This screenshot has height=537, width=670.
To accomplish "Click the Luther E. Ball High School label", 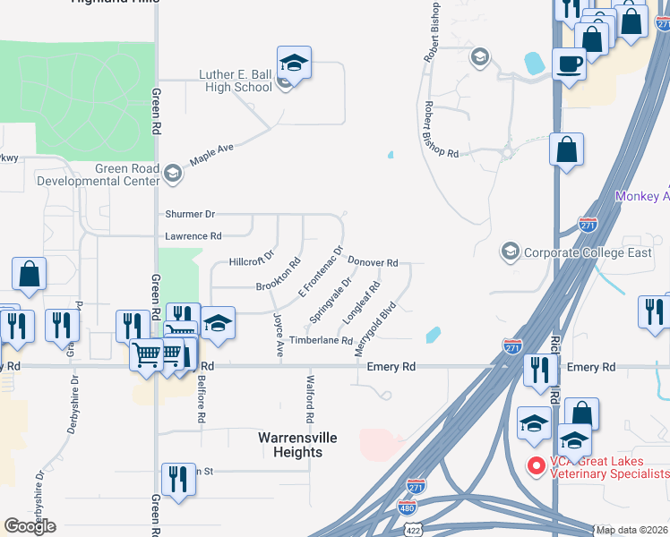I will point(235,81).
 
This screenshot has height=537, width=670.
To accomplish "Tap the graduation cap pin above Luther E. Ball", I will point(293,64).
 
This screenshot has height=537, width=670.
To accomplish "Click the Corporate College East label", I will point(588,252).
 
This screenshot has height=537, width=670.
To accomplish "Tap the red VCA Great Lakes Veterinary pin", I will point(537,466).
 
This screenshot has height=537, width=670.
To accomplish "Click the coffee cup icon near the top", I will point(569,64).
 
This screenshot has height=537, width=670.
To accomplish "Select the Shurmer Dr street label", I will point(190,215).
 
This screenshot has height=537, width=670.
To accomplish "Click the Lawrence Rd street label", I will point(193,236).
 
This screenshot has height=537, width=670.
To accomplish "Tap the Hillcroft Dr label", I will point(249,263).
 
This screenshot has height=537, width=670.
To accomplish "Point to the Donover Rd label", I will point(372,262).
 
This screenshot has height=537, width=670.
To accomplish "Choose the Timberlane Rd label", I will point(321,341).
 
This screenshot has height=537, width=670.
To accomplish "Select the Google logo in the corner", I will point(30,525).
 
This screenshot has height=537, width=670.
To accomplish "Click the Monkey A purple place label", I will point(642,196).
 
